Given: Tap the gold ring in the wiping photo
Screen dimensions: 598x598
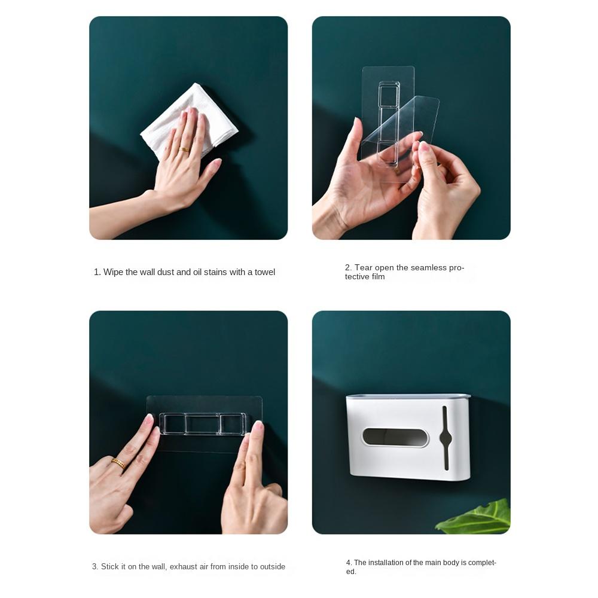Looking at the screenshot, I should pyautogui.click(x=185, y=149).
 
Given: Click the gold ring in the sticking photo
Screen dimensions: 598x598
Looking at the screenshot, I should pyautogui.click(x=118, y=463).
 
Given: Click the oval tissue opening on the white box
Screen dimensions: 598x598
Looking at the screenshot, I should pyautogui.click(x=395, y=437).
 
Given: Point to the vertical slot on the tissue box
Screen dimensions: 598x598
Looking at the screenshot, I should pyautogui.click(x=445, y=438).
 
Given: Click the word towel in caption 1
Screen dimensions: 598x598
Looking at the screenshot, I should pyautogui.click(x=265, y=272).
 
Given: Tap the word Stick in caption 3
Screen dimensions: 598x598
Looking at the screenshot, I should pyautogui.click(x=110, y=566).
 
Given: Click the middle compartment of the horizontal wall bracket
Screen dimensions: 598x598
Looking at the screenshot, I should pyautogui.click(x=202, y=424).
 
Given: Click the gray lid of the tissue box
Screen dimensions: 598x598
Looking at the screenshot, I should pyautogui.click(x=408, y=396).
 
